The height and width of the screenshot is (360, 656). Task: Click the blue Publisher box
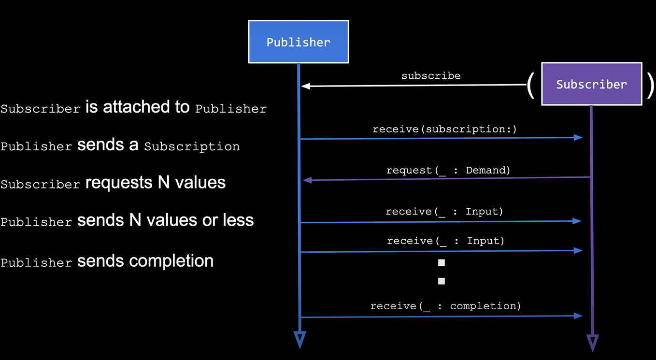pyautogui.click(x=298, y=42)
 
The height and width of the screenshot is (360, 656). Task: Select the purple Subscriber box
pyautogui.click(x=591, y=84)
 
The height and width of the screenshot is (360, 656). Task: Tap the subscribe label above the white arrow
pyautogui.click(x=431, y=76)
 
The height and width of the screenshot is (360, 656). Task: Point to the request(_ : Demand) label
pyautogui.click(x=448, y=170)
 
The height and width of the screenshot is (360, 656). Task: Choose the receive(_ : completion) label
pyautogui.click(x=445, y=306)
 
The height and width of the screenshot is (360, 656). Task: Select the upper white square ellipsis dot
pyautogui.click(x=441, y=263)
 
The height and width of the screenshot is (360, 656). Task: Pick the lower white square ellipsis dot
pyautogui.click(x=441, y=281)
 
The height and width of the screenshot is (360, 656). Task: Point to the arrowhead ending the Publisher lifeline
pyautogui.click(x=299, y=339)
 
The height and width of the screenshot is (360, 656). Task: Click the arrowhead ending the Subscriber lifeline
pyautogui.click(x=592, y=342)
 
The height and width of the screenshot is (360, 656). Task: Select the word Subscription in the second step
pyautogui.click(x=192, y=146)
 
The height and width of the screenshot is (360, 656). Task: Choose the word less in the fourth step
pyautogui.click(x=238, y=220)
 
